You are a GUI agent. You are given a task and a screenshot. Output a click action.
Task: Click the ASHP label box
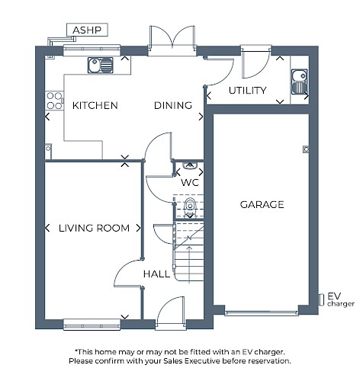coord(87,30)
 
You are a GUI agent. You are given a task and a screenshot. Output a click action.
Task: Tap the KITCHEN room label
coord(95,105)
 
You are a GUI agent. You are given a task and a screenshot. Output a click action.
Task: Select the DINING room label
coord(173,105)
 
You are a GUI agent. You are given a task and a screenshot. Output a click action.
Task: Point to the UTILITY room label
coord(247,91)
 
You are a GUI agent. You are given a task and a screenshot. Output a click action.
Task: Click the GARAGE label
coord(262,204)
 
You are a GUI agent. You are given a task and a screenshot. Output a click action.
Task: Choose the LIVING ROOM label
coord(94,228)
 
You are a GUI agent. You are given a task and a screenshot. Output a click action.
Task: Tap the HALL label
coord(156,274)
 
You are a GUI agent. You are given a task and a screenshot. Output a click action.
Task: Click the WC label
coord(190,182)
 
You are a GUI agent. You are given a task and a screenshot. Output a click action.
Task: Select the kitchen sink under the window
coord(101,65)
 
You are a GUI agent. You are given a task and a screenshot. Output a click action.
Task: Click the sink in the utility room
coord(299,82)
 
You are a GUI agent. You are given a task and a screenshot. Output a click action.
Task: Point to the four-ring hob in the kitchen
coord(54,101)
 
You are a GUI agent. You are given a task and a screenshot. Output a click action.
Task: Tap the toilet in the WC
coord(190,207)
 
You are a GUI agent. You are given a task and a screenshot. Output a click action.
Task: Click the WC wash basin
coord(190,165)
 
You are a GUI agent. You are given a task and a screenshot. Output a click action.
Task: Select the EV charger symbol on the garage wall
coord(322,299)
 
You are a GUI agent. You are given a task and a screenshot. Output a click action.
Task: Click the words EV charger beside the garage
coord(341,299)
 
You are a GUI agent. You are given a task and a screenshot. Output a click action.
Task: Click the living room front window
coord(92,325)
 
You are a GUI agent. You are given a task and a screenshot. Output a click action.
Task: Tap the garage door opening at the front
coord(262,313)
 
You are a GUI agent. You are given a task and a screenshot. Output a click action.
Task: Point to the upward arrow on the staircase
coord(189,264)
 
